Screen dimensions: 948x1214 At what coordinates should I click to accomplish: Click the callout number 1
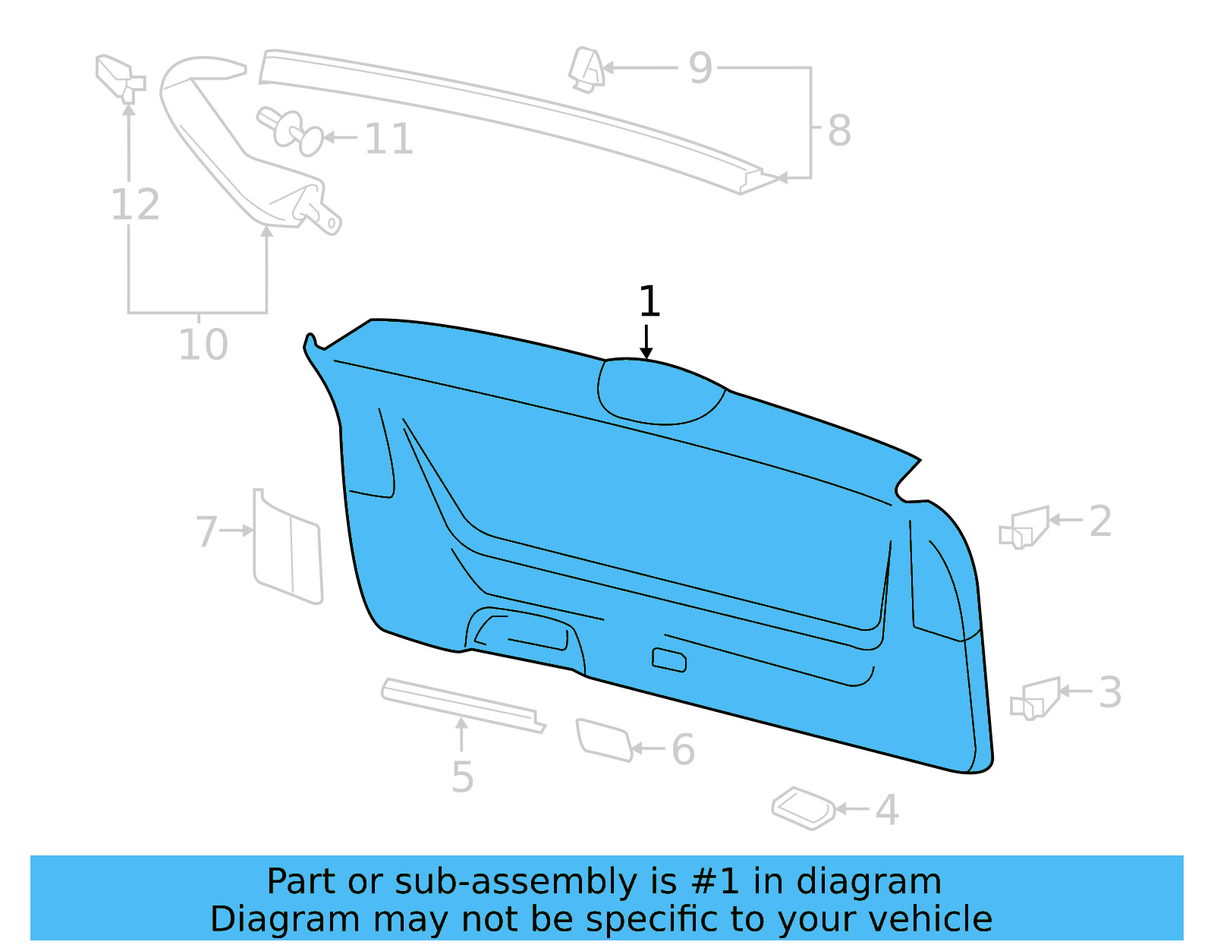649,302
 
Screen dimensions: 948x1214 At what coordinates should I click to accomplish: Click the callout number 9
700,68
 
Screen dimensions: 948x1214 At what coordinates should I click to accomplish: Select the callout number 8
838,131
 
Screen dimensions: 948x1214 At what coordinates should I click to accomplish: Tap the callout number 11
388,140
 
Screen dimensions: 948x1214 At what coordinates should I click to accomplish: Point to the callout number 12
135,205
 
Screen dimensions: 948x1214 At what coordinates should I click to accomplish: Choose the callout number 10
203,345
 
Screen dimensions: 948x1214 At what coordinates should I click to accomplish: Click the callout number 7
206,531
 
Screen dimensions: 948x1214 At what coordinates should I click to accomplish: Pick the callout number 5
462,777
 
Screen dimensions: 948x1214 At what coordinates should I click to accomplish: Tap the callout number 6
683,750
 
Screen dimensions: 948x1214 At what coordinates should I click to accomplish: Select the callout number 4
886,810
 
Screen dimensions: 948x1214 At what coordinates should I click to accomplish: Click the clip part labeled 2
1024,527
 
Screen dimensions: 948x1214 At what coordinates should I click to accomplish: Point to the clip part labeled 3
1036,698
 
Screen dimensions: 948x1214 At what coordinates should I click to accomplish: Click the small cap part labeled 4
803,808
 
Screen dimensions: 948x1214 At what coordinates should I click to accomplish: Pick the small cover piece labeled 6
604,739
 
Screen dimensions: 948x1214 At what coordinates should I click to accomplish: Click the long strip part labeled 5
463,704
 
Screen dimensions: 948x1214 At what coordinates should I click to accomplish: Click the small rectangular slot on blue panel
669,660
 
